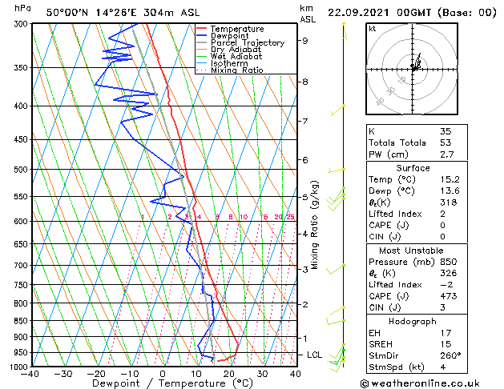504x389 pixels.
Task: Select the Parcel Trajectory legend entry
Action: pyautogui.click(x=247, y=42)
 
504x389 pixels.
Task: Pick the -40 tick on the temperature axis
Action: pyautogui.click(x=30, y=374)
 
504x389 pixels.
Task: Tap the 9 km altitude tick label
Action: pyautogui.click(x=304, y=40)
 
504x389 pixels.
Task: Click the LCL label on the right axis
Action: pyautogui.click(x=315, y=355)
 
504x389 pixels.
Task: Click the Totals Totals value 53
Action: pyautogui.click(x=446, y=142)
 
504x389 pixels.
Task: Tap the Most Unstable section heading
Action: pyautogui.click(x=412, y=251)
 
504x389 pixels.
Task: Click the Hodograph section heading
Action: pyautogui.click(x=412, y=321)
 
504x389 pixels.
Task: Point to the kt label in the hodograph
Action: pyautogui.click(x=373, y=29)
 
